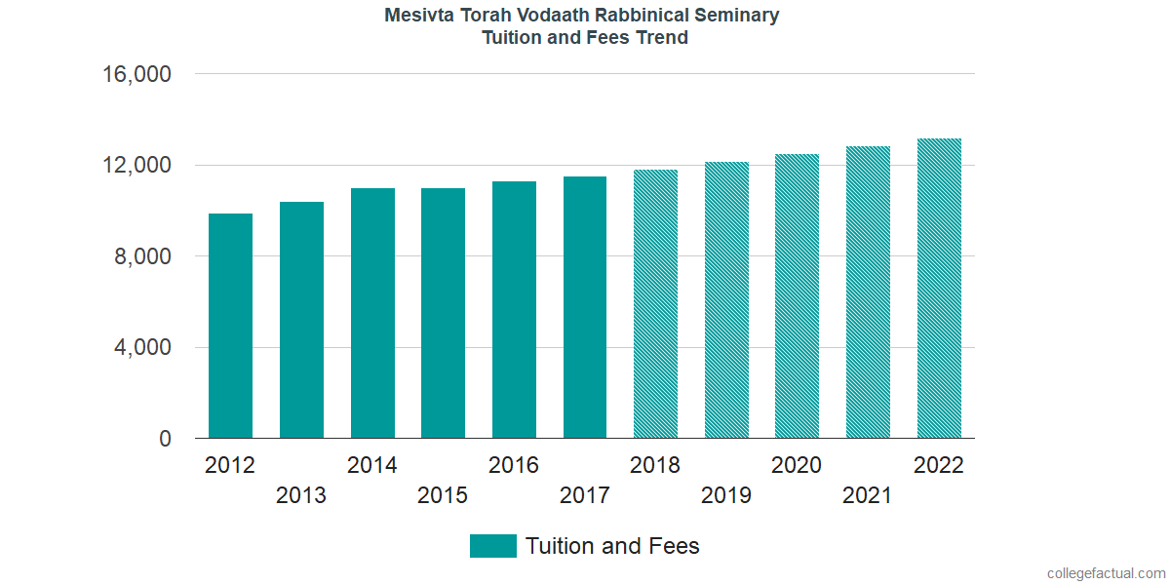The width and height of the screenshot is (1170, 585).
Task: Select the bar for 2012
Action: click(x=230, y=326)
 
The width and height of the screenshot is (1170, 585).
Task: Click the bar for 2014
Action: click(x=372, y=313)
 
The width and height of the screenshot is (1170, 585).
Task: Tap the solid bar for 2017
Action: click(x=585, y=307)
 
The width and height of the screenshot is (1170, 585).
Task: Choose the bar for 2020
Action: click(x=797, y=296)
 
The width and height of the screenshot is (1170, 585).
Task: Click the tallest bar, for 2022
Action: click(x=939, y=289)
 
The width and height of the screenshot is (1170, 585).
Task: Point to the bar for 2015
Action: click(x=443, y=313)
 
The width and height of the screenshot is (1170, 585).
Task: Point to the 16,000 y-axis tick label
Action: click(x=137, y=74)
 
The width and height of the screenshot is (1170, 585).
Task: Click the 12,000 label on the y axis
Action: click(x=137, y=166)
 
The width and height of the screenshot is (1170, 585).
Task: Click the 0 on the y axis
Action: click(x=166, y=440)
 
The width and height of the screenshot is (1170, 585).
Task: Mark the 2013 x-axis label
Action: click(x=301, y=495)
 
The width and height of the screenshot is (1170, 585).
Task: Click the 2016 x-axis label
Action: click(x=514, y=465)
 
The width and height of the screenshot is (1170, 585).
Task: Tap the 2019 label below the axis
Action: click(x=726, y=495)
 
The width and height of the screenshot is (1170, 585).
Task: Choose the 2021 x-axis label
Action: click(x=868, y=495)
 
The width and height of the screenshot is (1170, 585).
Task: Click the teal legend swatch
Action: click(x=492, y=546)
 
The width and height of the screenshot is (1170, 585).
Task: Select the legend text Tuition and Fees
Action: click(x=612, y=546)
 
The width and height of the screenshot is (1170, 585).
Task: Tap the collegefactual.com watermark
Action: click(x=1106, y=573)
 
